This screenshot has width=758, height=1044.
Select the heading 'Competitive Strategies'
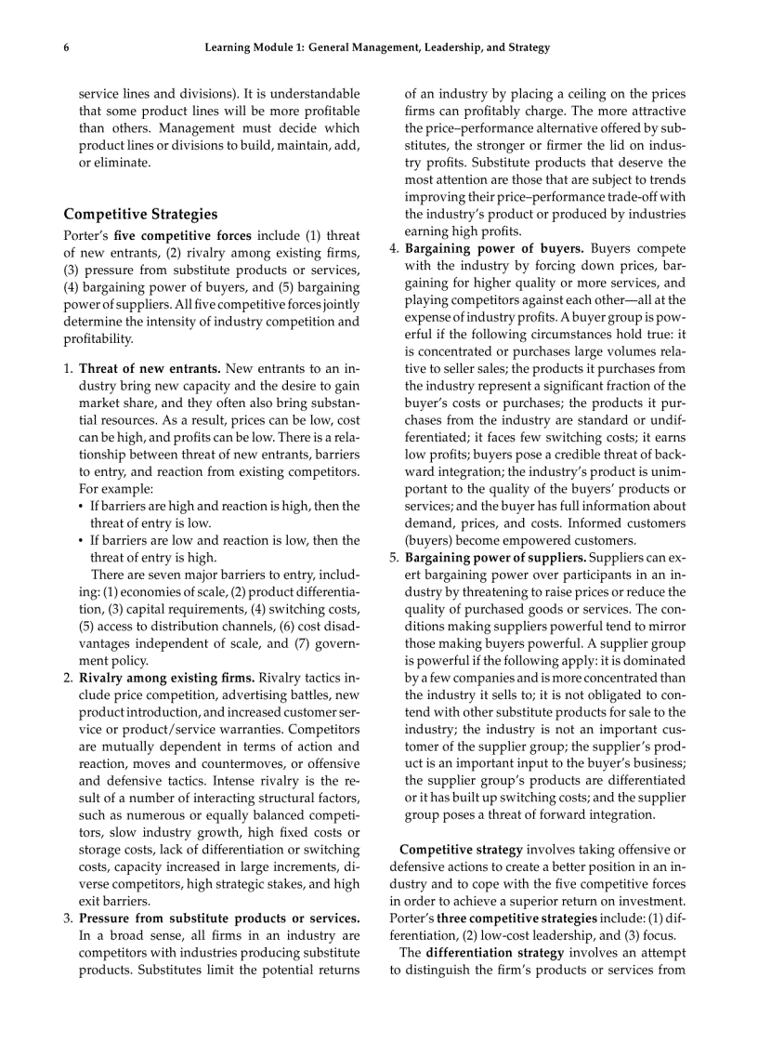(140, 215)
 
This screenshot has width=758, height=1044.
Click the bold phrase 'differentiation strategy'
(495, 953)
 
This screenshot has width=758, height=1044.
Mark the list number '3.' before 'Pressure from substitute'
(68, 918)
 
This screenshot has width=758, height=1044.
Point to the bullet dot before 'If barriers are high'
(82, 506)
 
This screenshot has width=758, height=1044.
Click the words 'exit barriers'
(114, 901)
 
